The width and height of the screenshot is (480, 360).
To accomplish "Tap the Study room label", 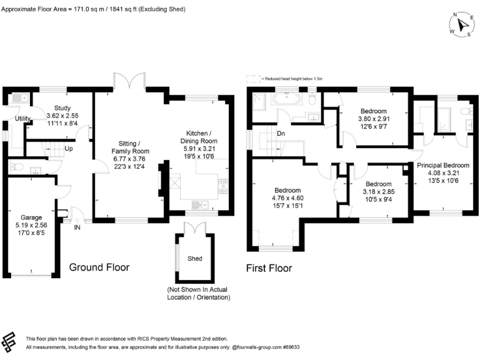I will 62,108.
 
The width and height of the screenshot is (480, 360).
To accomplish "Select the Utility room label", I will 23,119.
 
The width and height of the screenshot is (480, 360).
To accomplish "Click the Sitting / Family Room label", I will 130,147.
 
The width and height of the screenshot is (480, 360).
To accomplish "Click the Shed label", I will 195,258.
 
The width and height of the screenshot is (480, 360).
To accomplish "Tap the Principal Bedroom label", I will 442,164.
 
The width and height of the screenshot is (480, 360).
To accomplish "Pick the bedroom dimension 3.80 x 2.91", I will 374,119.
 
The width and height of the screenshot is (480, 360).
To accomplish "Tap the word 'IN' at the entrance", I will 77,228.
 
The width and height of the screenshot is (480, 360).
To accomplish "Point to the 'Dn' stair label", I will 281,133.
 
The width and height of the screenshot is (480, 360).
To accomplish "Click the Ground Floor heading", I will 99,267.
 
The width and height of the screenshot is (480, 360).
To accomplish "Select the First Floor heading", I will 269,269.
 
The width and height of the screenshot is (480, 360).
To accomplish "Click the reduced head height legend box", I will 252,79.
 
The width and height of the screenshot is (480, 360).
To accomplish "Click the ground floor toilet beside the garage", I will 17,167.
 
